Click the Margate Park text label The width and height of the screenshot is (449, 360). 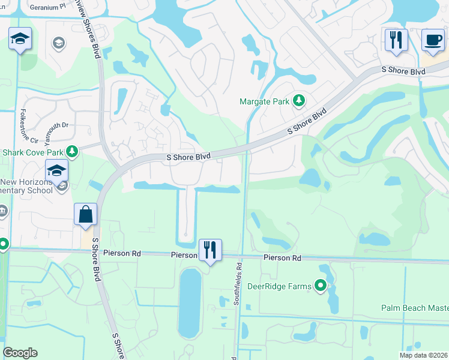(x=264, y=101)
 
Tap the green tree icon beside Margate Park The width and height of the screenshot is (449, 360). (x=299, y=101)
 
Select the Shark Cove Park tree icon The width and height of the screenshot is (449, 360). (x=73, y=151)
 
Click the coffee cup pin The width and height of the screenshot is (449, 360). (x=432, y=40)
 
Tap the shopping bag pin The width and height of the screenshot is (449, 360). (x=86, y=214)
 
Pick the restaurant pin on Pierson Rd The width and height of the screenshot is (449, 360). (x=209, y=249)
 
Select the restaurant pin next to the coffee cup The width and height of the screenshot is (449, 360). (x=396, y=40)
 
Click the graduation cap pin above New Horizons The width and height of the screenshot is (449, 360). (x=56, y=170)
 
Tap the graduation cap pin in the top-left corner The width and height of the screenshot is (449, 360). (x=20, y=40)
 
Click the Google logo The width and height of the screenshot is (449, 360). (x=20, y=353)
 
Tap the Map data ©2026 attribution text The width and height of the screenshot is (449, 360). (x=423, y=355)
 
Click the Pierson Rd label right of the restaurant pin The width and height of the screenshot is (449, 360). (x=282, y=257)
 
